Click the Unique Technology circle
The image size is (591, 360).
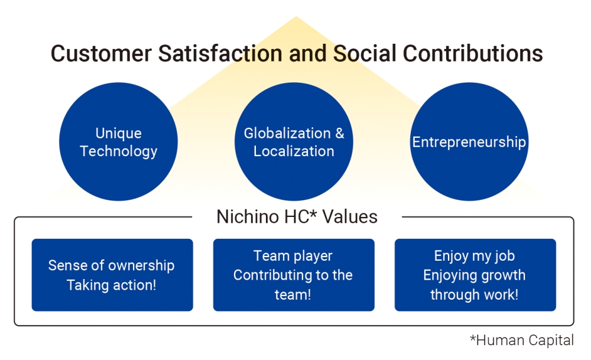(118, 142)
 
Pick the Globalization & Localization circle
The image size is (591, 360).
(294, 142)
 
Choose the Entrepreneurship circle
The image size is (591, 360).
(469, 142)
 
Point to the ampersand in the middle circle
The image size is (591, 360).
(339, 134)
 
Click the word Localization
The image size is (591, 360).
(294, 151)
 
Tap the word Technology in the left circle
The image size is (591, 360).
(118, 151)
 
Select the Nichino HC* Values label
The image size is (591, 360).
(297, 217)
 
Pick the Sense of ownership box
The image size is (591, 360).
(112, 275)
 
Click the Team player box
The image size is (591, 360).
(294, 275)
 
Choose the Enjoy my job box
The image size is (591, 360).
(475, 275)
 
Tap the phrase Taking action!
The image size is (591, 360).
(111, 286)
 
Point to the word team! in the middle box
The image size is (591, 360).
(293, 294)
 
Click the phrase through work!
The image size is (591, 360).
(474, 294)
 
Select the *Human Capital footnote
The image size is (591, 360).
(521, 340)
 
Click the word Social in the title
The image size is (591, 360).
(364, 53)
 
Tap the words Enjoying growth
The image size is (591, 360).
(474, 275)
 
